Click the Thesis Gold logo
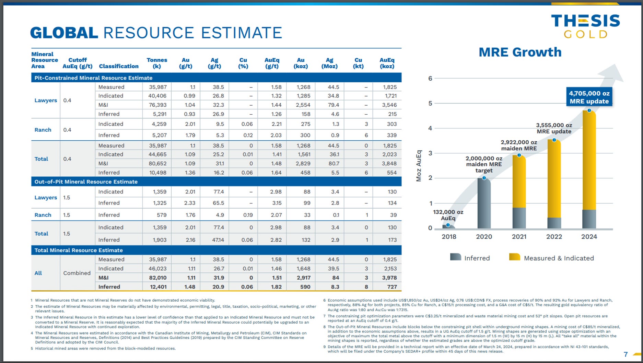click(x=585, y=26)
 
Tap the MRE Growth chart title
click(x=520, y=52)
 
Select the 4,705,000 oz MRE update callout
click(x=589, y=97)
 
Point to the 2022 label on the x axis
click(x=554, y=237)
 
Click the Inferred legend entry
click(x=470, y=258)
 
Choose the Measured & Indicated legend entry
click(x=551, y=258)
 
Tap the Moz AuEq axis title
click(x=419, y=166)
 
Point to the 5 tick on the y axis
click(x=430, y=103)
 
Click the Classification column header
click(x=119, y=66)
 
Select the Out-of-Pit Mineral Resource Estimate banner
click(x=86, y=182)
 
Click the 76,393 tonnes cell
click(x=157, y=105)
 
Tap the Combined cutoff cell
click(x=77, y=273)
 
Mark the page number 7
click(x=626, y=354)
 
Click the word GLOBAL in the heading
click(x=64, y=33)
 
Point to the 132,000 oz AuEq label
click(x=448, y=215)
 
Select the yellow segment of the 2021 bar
click(x=519, y=182)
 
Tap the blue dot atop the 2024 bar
click(x=589, y=110)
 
